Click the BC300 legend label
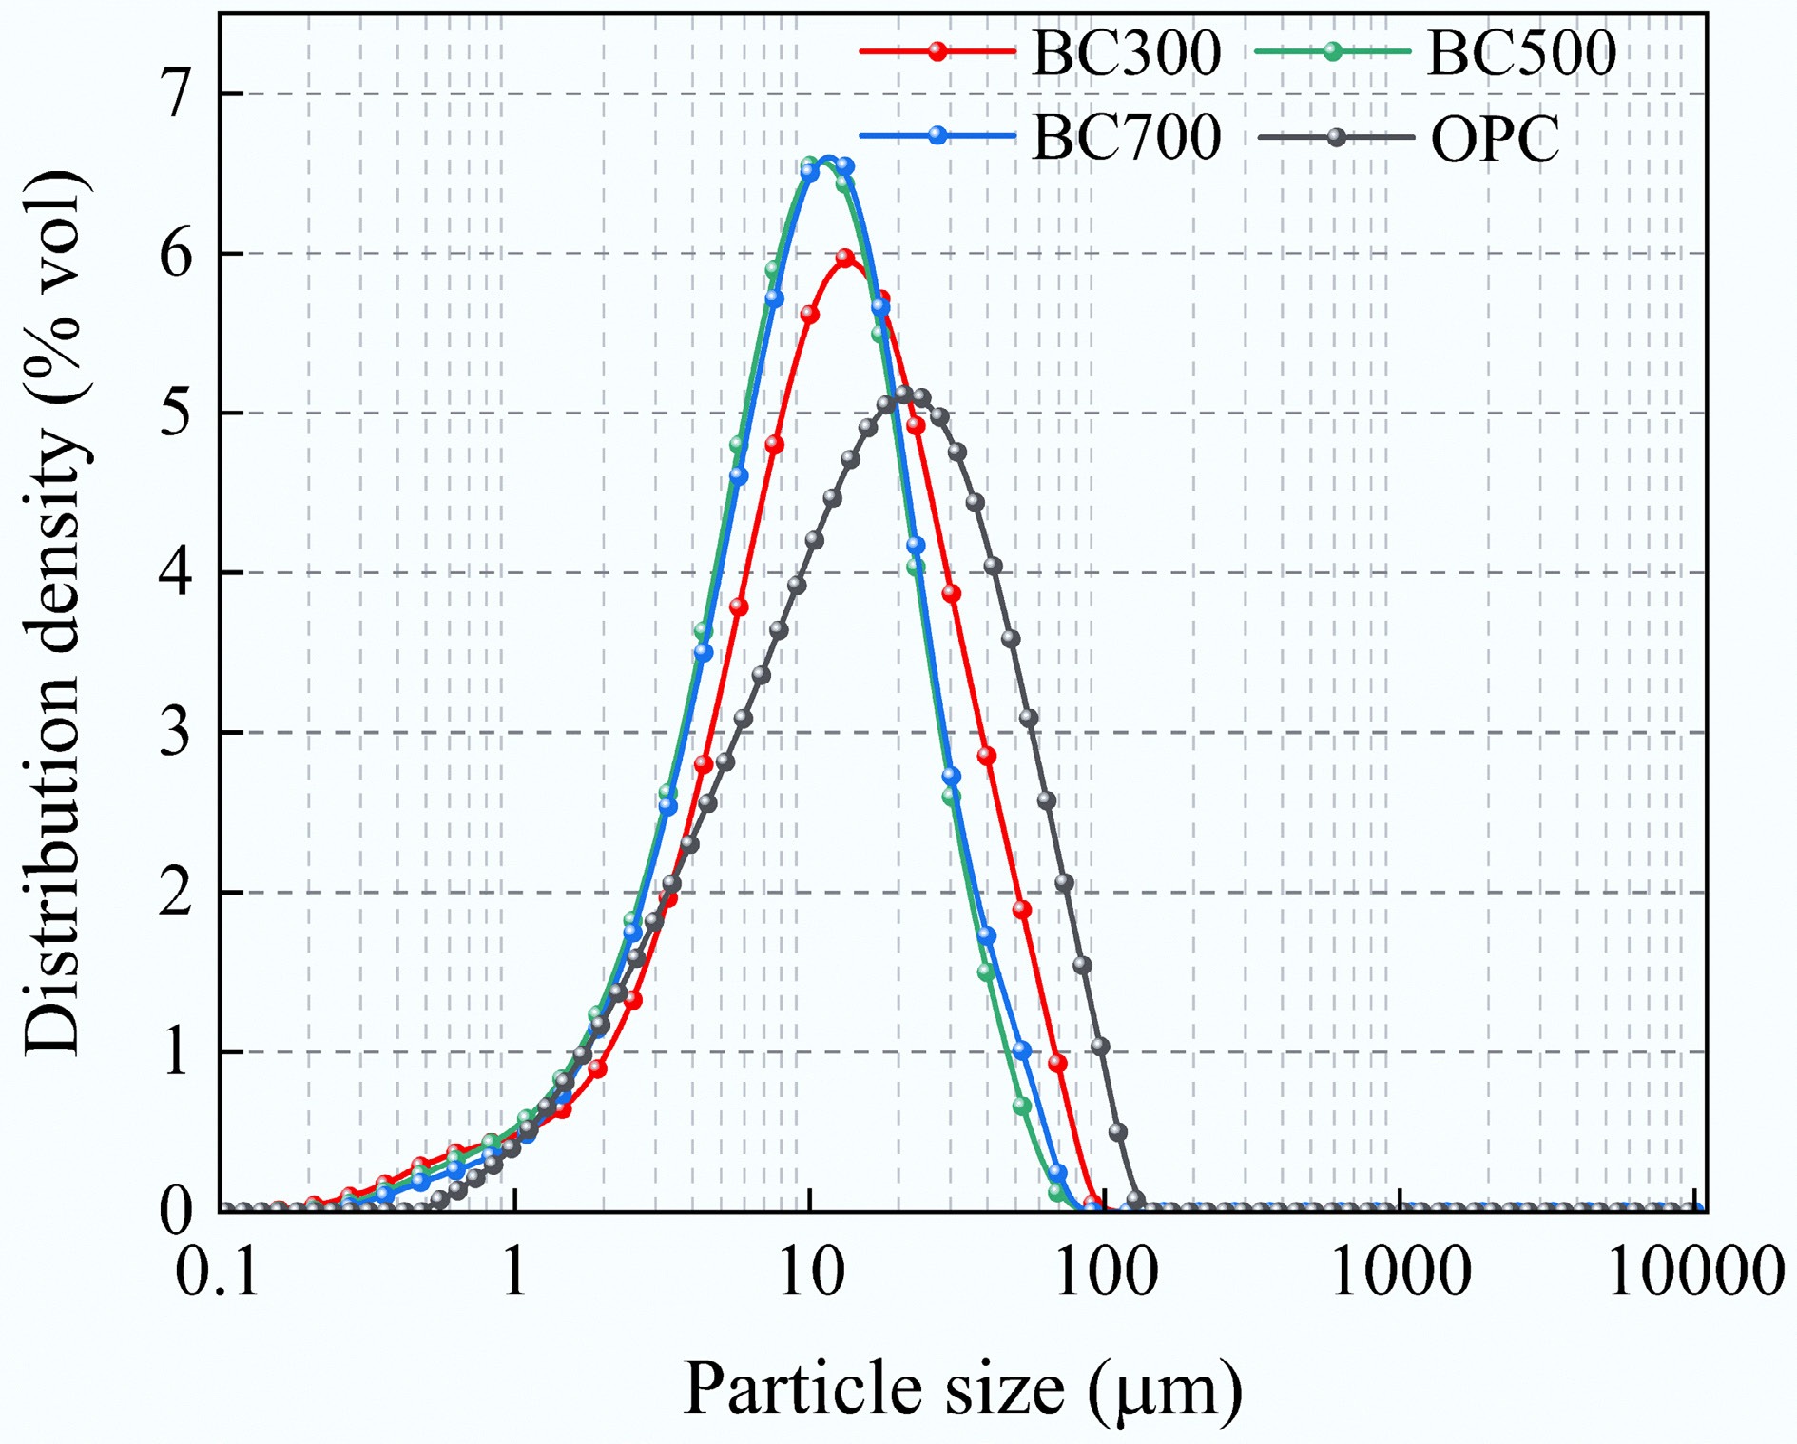[x=1126, y=53]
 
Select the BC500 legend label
[x=1521, y=53]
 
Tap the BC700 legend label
[x=1126, y=138]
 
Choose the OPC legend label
[x=1495, y=140]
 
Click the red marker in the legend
[x=937, y=52]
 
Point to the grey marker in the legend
[x=1336, y=138]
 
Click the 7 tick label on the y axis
[x=176, y=94]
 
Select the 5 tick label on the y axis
[x=176, y=414]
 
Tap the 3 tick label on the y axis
[x=176, y=733]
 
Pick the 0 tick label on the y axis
[x=176, y=1211]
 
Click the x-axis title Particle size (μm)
[x=962, y=1390]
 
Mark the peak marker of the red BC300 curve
[x=845, y=258]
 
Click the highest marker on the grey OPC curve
[x=903, y=395]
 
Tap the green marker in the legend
[x=1333, y=52]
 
